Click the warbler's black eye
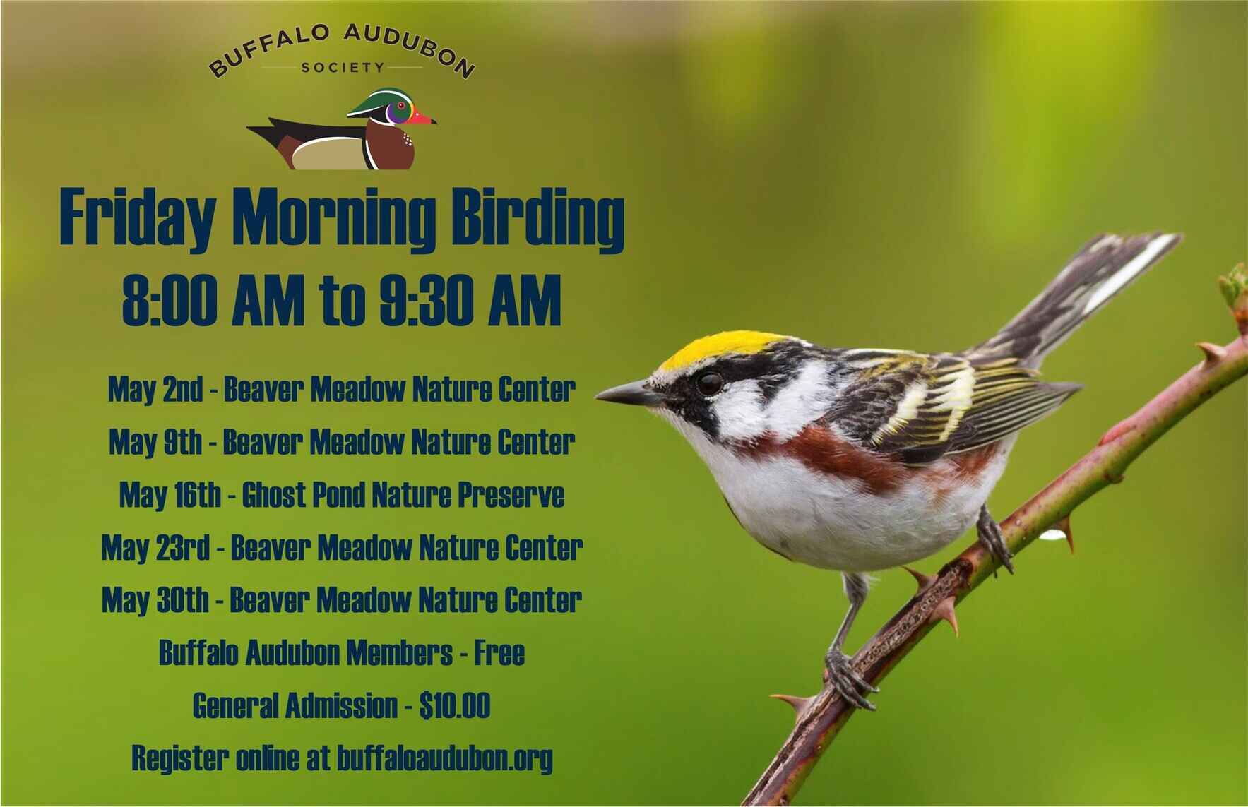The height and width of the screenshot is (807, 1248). [710, 383]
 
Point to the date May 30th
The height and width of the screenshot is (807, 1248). [155, 600]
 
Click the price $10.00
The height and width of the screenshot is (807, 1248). [454, 705]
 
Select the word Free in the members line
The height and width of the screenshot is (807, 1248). [499, 653]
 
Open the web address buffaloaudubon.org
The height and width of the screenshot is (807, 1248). [445, 759]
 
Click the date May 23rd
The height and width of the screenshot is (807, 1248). [155, 547]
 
